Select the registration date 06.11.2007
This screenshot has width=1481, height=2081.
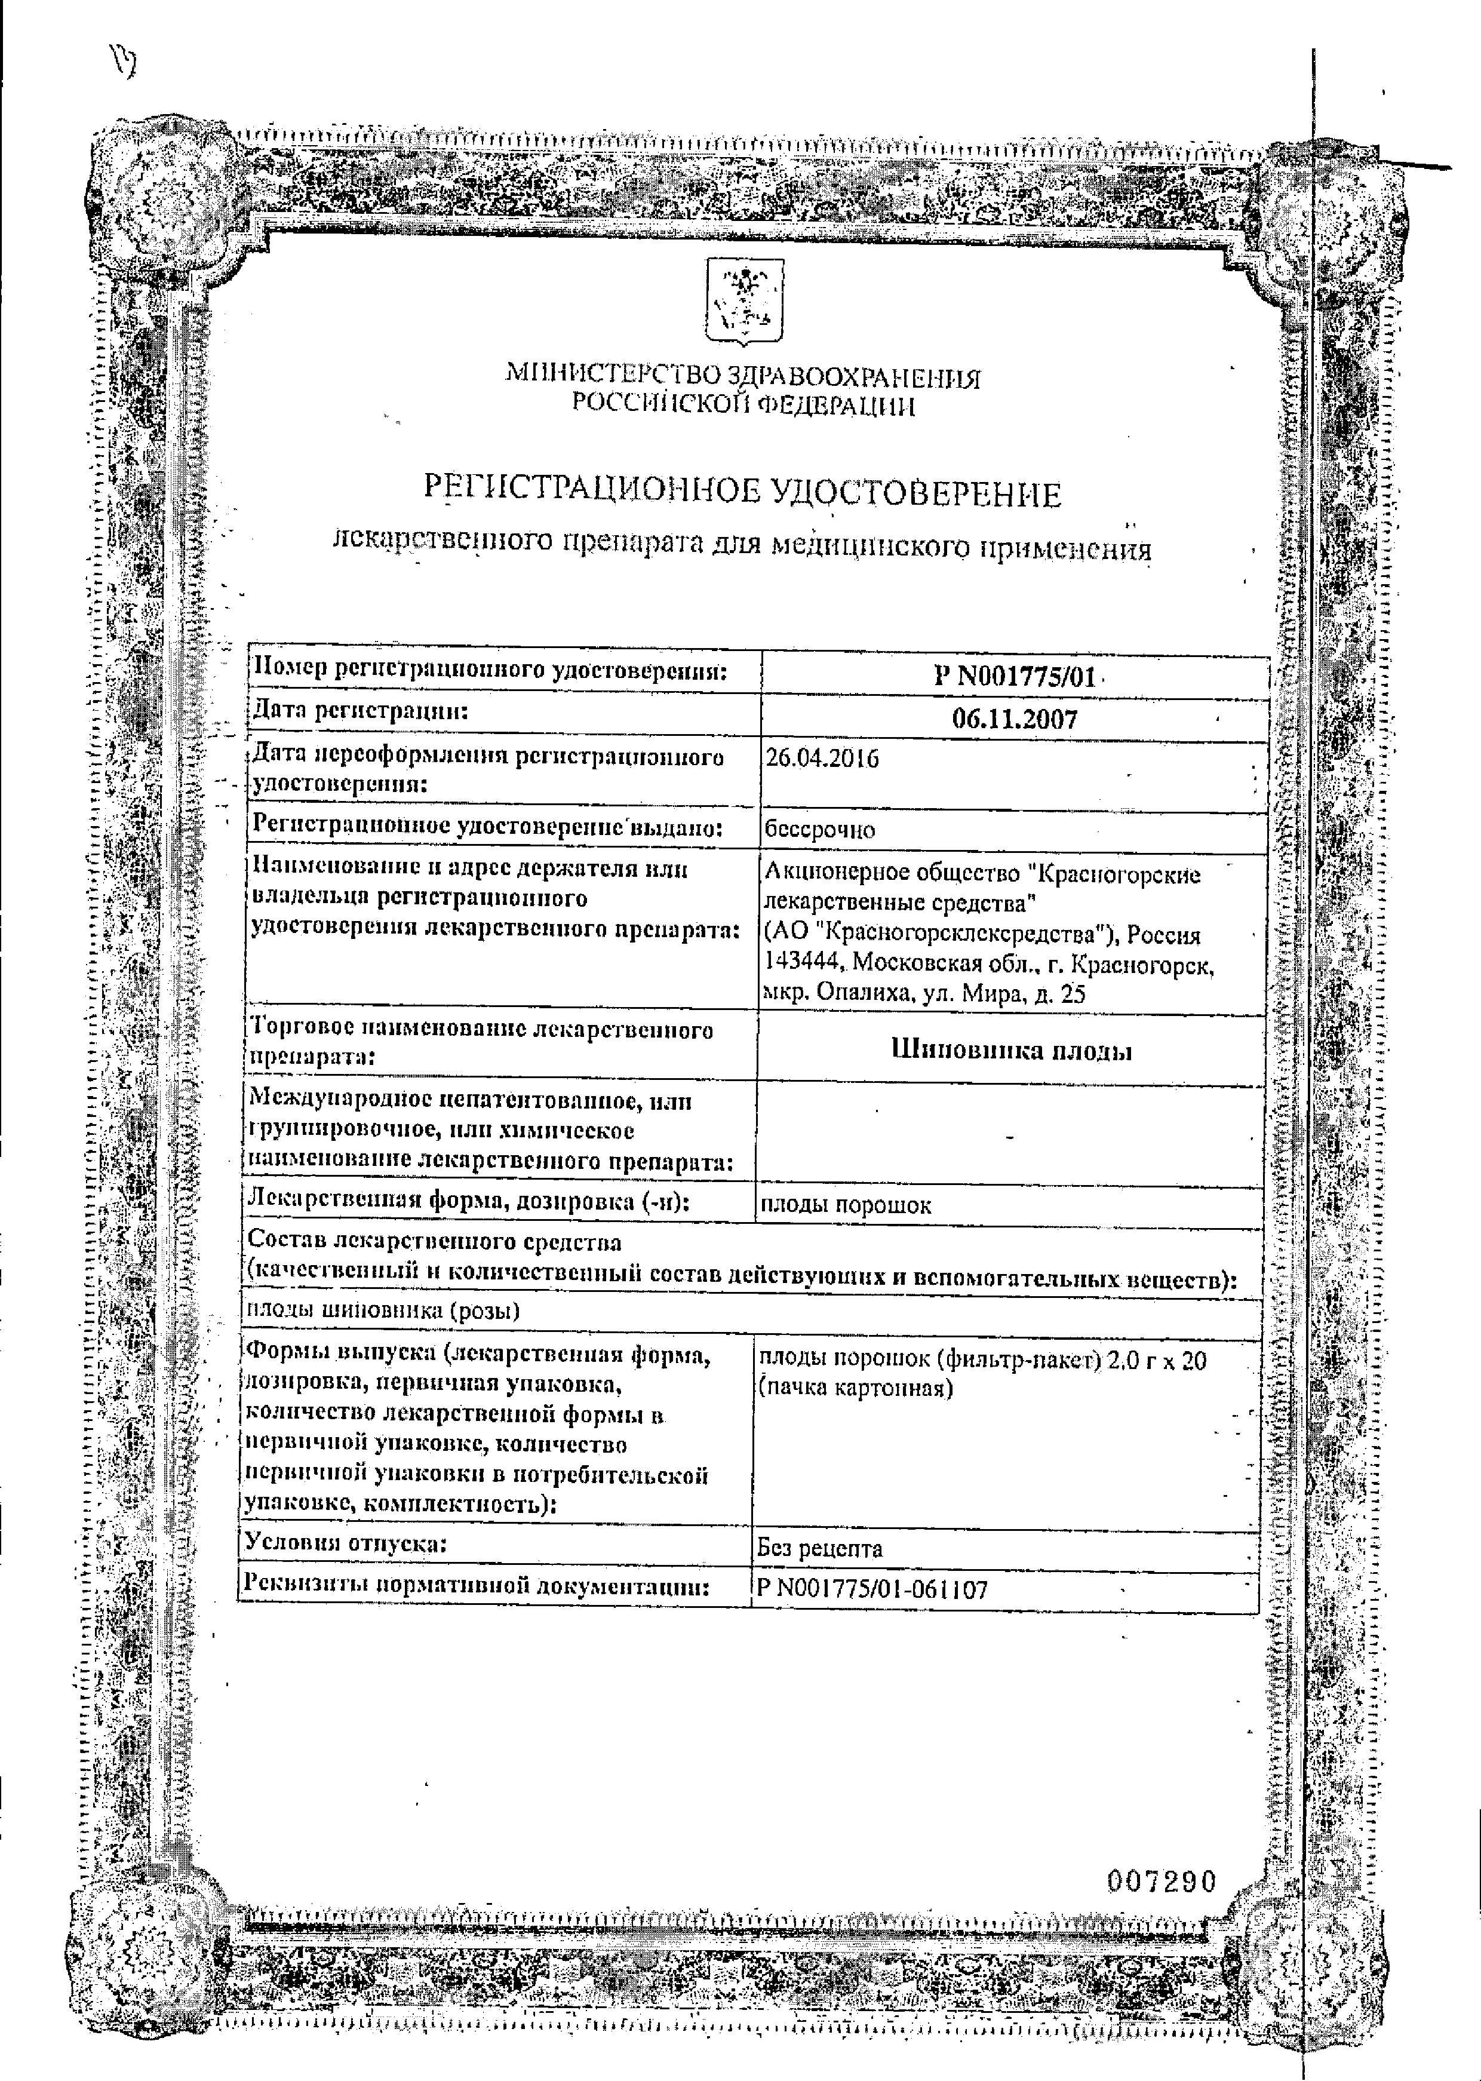(x=1014, y=720)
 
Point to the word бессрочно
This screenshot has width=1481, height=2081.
(x=819, y=830)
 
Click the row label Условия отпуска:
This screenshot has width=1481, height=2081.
(x=346, y=1544)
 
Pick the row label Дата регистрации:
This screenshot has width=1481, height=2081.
(x=360, y=710)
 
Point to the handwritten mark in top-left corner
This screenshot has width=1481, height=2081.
(x=121, y=62)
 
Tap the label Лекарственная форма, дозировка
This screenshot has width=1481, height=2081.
(x=467, y=1201)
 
